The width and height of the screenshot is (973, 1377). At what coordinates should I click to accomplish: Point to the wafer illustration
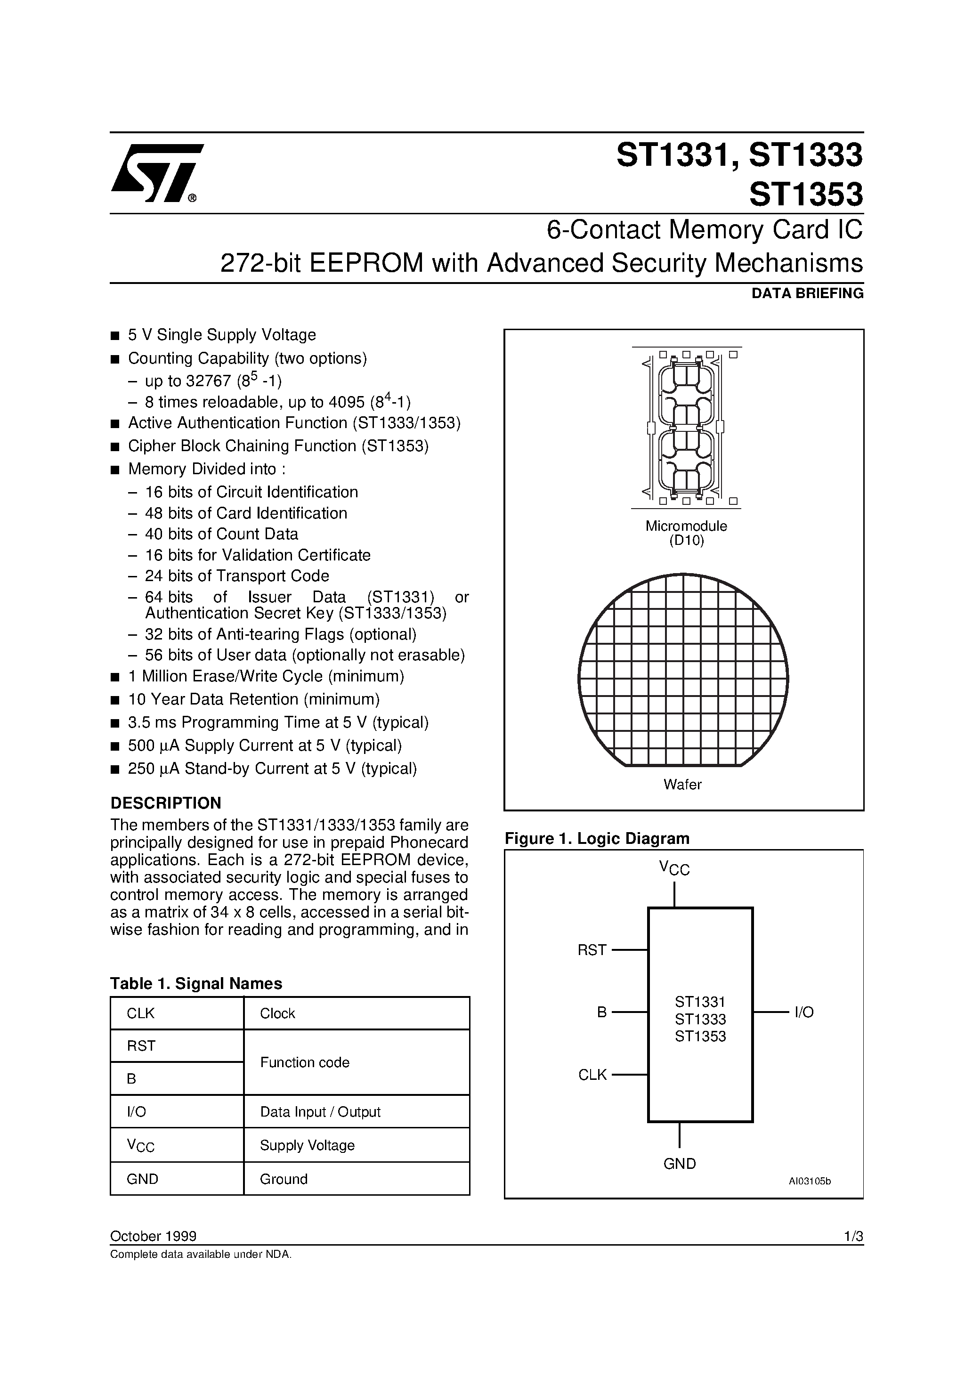[683, 670]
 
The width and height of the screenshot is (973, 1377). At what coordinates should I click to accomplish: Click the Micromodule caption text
[686, 526]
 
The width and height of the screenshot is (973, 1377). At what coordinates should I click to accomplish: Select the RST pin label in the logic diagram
[592, 950]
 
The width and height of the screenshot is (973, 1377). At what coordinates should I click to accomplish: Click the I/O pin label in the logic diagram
[804, 1012]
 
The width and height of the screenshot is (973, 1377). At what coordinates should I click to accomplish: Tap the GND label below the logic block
[679, 1164]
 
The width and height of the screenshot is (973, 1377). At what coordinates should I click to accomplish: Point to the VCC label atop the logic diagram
[674, 867]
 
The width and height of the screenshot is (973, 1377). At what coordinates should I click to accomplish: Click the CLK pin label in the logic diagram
[592, 1075]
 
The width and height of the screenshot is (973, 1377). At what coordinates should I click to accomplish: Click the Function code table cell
[304, 1062]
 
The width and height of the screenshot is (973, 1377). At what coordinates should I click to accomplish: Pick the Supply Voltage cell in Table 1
[307, 1145]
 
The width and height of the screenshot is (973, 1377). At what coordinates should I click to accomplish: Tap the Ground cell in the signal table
[283, 1179]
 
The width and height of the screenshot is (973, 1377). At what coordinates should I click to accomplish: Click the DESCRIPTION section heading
[166, 803]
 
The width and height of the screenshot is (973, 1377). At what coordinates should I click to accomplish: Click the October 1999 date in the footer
[153, 1237]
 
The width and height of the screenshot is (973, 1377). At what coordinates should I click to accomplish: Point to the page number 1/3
[853, 1237]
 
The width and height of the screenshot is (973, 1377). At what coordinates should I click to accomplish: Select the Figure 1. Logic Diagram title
[597, 838]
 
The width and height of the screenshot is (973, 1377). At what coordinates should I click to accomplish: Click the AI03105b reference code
[809, 1182]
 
